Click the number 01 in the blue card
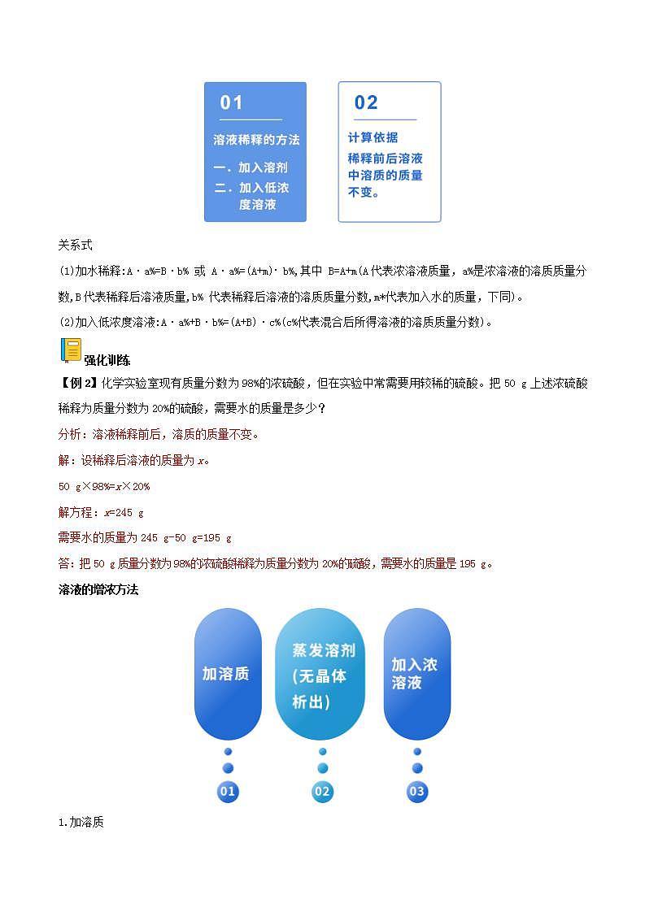[232, 102]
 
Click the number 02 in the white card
[366, 102]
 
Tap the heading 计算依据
[373, 137]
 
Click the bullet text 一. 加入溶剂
[251, 167]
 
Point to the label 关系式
[76, 244]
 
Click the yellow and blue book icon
[71, 350]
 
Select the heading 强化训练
[107, 360]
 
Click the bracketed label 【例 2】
[78, 384]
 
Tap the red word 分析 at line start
[69, 435]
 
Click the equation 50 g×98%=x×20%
[104, 486]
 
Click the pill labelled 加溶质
[227, 674]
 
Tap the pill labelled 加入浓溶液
[416, 674]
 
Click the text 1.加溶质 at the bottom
[81, 823]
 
